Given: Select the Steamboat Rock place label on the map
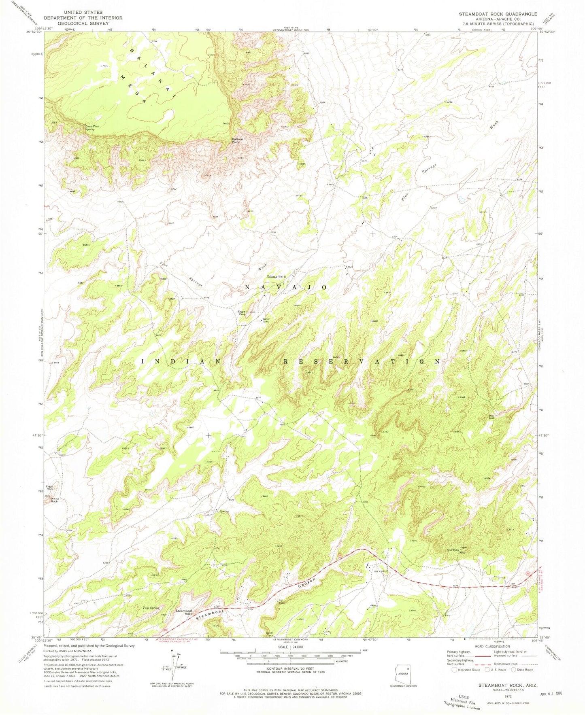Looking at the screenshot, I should coord(183,612).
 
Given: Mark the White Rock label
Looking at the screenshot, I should coord(54,500).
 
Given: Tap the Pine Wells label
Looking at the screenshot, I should coord(452,550).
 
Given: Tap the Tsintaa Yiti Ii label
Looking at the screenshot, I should coord(276,277).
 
